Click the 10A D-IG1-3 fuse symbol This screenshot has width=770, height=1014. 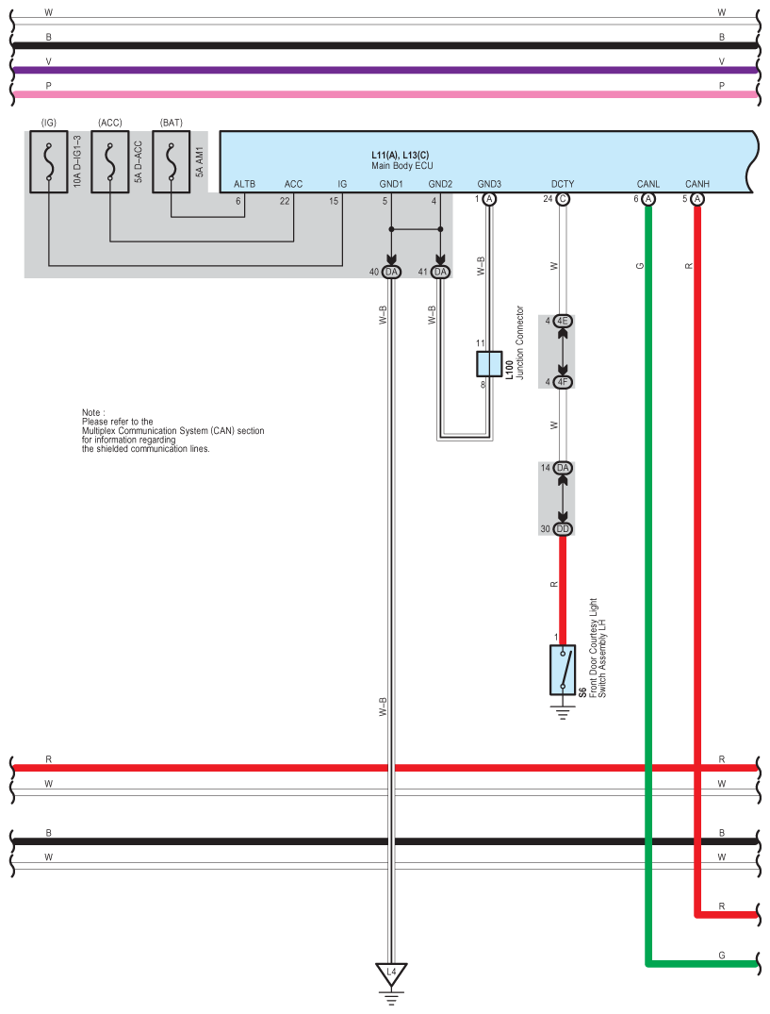point(49,161)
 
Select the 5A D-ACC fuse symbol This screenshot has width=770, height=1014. point(109,161)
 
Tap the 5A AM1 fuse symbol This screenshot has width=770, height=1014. point(171,161)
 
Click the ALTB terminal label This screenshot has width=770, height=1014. point(244,184)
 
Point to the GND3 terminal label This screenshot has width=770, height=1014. point(489,184)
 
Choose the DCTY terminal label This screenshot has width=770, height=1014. point(563,184)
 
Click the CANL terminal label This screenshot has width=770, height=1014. point(647,184)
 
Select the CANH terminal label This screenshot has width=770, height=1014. point(696,184)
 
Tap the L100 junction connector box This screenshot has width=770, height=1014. point(489,364)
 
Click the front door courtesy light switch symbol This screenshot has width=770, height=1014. point(563,670)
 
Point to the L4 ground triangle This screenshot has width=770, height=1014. point(391,971)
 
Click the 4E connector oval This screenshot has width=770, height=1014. point(564,322)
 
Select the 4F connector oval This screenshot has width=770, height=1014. point(564,382)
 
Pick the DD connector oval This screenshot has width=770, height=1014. point(564,529)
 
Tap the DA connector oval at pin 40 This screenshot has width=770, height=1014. point(392,272)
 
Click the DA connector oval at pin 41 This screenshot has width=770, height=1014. point(440,272)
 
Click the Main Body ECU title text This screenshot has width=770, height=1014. point(401,165)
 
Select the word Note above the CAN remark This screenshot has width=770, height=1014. point(92,412)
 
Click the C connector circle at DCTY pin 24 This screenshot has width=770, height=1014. point(563,199)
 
